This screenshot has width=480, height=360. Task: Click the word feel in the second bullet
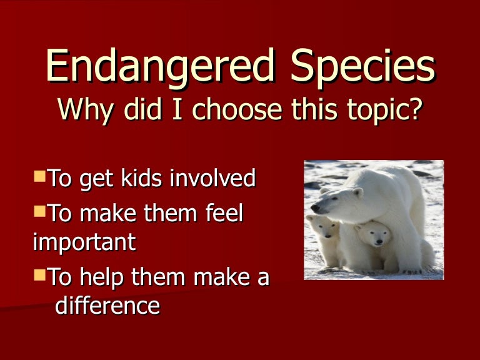(223, 214)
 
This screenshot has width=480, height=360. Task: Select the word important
(84, 242)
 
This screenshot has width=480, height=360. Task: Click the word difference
(107, 306)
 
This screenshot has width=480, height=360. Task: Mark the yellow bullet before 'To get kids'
(39, 176)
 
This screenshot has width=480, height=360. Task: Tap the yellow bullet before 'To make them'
(39, 211)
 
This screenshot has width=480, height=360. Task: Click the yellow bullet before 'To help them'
(39, 274)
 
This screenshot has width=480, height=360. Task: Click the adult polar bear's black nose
(314, 208)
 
